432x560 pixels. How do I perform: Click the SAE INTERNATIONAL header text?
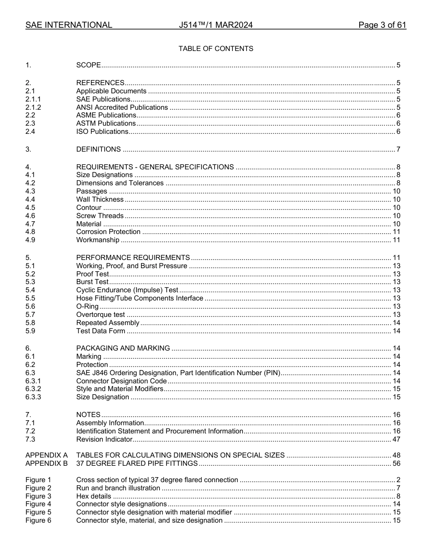69,25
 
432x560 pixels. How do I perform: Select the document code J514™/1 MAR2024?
216,25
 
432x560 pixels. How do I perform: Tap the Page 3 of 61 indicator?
382,25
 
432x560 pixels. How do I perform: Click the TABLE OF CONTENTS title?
216,49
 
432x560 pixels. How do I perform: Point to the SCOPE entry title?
88,65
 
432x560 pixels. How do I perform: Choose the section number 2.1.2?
33,107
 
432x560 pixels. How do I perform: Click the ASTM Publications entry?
106,123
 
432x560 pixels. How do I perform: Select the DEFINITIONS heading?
98,149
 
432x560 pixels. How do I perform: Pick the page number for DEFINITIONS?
398,149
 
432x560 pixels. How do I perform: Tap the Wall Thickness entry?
100,199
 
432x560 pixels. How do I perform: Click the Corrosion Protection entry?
108,232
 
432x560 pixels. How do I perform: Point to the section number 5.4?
30,290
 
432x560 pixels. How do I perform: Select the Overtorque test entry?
100,315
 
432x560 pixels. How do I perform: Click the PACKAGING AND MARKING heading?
123,348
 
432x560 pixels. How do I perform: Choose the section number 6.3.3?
33,397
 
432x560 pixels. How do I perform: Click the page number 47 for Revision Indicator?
396,439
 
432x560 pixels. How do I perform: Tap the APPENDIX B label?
46,463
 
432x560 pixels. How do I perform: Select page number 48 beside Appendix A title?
396,455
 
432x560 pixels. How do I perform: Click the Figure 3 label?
38,496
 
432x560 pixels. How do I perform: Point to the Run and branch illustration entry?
118,488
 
